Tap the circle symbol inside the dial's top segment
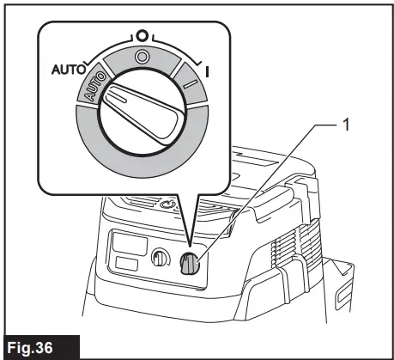click(x=142, y=58)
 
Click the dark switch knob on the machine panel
click(x=191, y=266)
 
